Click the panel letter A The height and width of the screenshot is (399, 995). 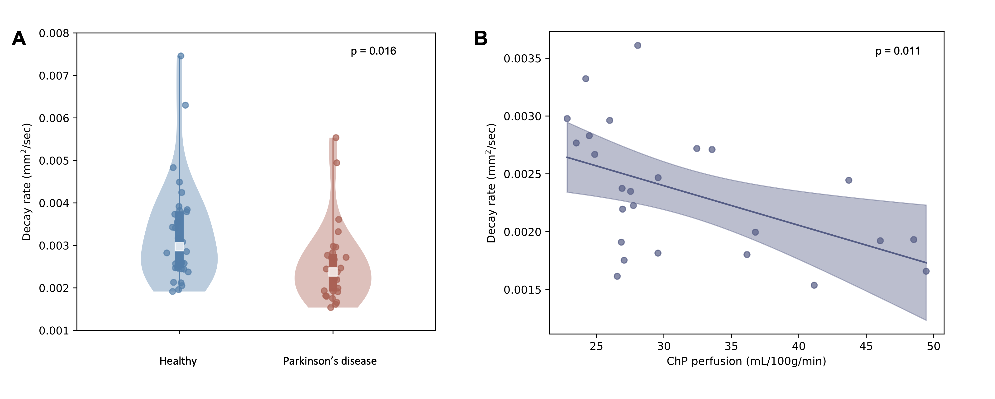[19, 39]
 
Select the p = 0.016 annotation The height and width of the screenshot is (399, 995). [373, 51]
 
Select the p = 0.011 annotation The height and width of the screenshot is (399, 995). [898, 51]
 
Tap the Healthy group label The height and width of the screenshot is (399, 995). [178, 361]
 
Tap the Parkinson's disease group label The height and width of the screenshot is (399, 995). [330, 361]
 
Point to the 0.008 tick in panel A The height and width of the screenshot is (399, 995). [54, 34]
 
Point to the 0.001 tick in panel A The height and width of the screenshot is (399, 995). [54, 331]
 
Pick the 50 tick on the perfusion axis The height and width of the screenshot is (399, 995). [933, 346]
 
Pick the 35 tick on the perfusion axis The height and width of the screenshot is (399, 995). [731, 346]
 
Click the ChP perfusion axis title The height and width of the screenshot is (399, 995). [746, 361]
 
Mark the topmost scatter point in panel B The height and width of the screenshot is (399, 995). [638, 46]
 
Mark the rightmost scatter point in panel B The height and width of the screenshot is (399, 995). [926, 271]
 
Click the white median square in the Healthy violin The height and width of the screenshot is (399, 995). [179, 246]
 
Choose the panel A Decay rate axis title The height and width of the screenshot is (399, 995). [27, 182]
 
